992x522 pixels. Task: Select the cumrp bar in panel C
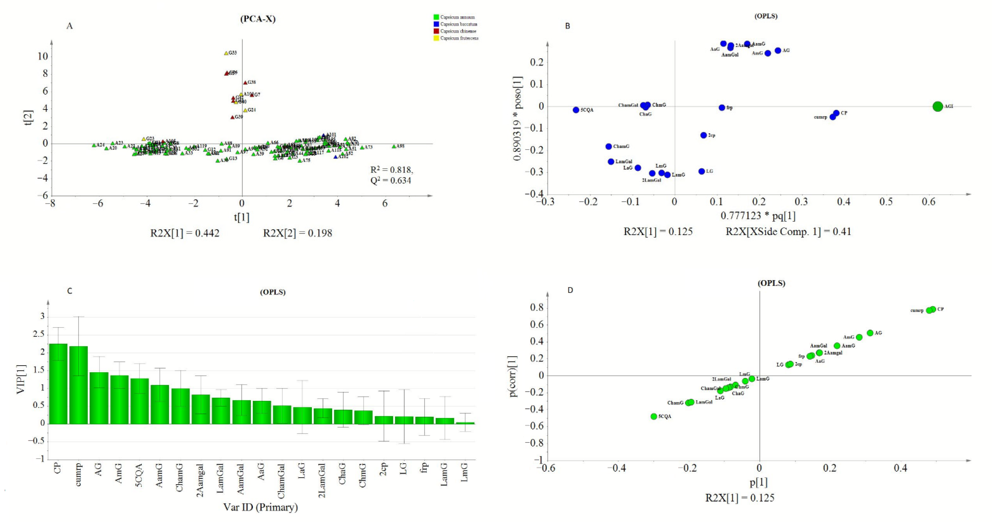tap(79, 385)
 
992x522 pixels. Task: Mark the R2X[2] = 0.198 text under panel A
tap(297, 233)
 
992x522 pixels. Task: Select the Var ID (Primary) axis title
tap(261, 507)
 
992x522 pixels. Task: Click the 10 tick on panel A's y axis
tap(42, 57)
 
